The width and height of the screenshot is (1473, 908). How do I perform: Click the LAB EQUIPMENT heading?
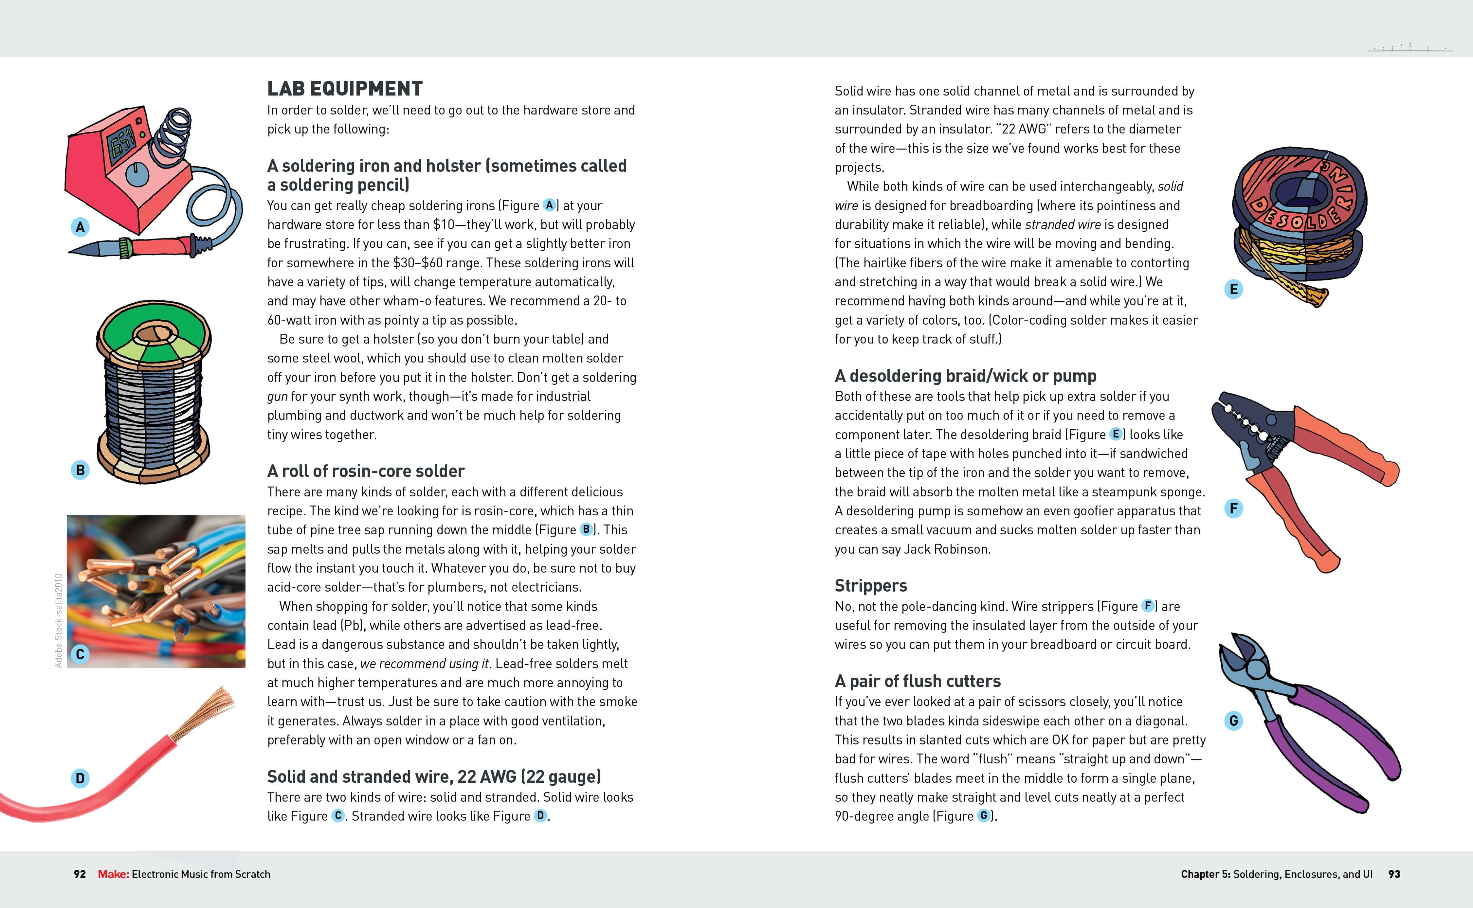(345, 89)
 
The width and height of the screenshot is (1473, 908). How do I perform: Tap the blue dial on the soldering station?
(137, 174)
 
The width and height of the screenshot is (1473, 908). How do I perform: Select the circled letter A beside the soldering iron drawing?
(80, 227)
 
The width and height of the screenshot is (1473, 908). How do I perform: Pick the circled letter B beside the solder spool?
(80, 470)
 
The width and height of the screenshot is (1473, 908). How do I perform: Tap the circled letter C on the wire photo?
(80, 654)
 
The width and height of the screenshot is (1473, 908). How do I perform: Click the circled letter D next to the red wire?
(80, 778)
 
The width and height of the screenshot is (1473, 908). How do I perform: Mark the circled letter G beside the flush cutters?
(1233, 721)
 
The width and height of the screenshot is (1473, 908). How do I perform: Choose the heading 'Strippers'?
(870, 585)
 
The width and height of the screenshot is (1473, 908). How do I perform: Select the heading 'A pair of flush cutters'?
(917, 681)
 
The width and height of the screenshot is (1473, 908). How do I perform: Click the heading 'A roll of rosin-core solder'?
(365, 471)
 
